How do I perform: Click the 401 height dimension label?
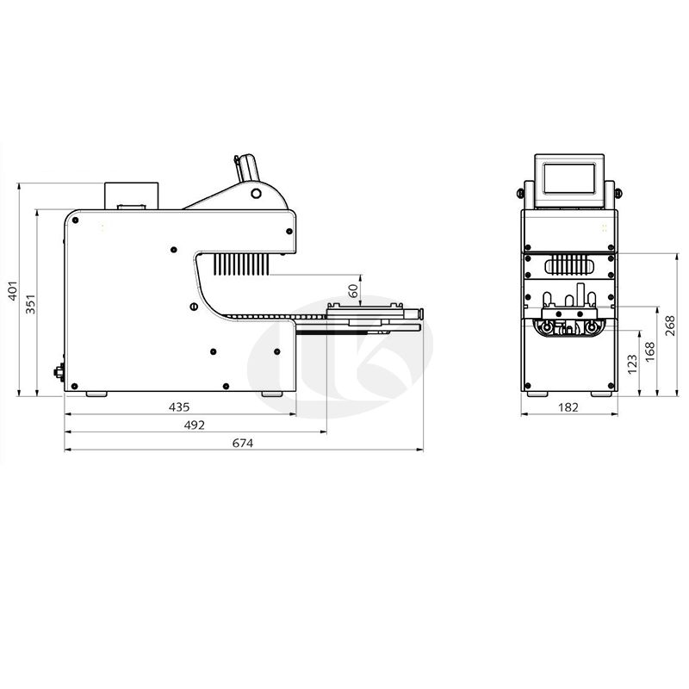(x=13, y=291)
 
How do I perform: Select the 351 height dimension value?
(x=30, y=304)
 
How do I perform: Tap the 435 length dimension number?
(x=179, y=407)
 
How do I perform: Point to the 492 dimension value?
(x=195, y=425)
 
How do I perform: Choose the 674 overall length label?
(x=243, y=444)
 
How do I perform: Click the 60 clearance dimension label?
(x=353, y=291)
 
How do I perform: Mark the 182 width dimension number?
(x=568, y=407)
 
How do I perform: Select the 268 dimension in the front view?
(x=670, y=326)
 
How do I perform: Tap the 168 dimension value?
(x=650, y=352)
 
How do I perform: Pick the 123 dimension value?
(x=632, y=364)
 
